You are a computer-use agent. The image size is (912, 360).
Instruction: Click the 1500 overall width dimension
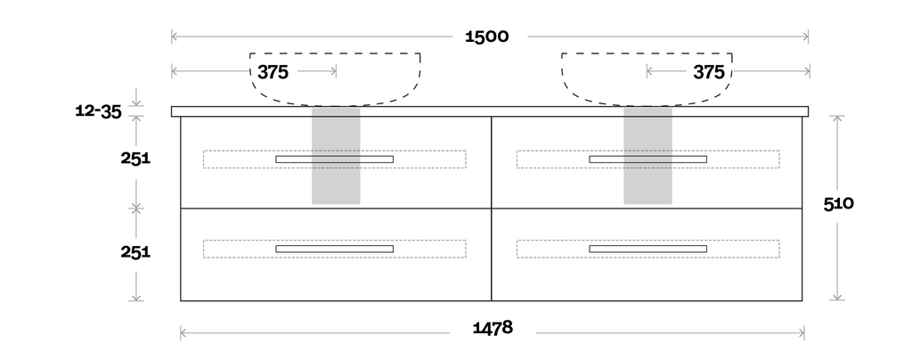pyautogui.click(x=486, y=37)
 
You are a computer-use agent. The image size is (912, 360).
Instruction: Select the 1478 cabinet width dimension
pyautogui.click(x=492, y=328)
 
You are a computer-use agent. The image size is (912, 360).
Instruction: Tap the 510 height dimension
pyautogui.click(x=839, y=203)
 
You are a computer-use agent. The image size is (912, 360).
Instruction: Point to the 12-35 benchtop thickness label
pyautogui.click(x=98, y=111)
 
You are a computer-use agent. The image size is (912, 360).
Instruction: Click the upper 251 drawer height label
pyautogui.click(x=135, y=158)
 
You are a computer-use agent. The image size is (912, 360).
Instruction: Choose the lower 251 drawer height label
pyautogui.click(x=135, y=251)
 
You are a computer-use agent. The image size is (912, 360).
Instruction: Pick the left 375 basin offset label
pyautogui.click(x=273, y=72)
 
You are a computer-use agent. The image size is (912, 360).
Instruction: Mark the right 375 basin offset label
pyautogui.click(x=709, y=72)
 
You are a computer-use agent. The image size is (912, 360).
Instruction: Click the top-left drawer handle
pyautogui.click(x=334, y=160)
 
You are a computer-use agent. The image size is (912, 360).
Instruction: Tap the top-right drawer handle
pyautogui.click(x=647, y=160)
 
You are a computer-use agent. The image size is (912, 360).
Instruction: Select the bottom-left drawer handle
pyautogui.click(x=334, y=249)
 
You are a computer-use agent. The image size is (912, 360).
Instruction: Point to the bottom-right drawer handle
pyautogui.click(x=647, y=249)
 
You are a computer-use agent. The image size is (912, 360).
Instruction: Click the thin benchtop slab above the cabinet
pyautogui.click(x=490, y=111)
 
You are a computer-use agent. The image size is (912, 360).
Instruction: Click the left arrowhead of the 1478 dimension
pyautogui.click(x=183, y=333)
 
